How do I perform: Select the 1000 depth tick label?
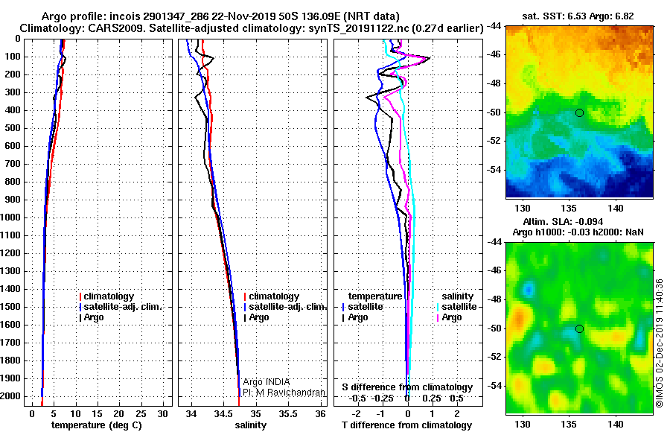[x=10, y=217]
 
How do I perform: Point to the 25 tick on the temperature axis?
[x=141, y=413]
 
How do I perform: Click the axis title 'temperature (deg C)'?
[x=97, y=425]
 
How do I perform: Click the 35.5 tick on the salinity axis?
[x=288, y=413]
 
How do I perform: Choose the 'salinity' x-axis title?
[x=250, y=425]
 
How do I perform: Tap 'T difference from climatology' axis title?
[x=406, y=425]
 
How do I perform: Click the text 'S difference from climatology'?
[x=407, y=387]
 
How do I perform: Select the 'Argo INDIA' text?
[x=267, y=382]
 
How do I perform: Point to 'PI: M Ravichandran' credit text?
[x=284, y=393]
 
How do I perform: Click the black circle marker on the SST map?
[x=579, y=113]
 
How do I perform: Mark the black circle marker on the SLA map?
[x=579, y=329]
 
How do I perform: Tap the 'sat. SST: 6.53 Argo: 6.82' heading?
[x=578, y=16]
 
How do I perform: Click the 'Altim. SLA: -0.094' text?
[x=564, y=221]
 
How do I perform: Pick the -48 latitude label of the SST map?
[x=495, y=83]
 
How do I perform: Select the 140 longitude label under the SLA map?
[x=616, y=425]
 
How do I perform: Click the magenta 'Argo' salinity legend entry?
[x=449, y=317]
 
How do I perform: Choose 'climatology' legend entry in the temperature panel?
[x=106, y=296]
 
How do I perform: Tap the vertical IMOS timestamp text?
[x=660, y=343]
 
